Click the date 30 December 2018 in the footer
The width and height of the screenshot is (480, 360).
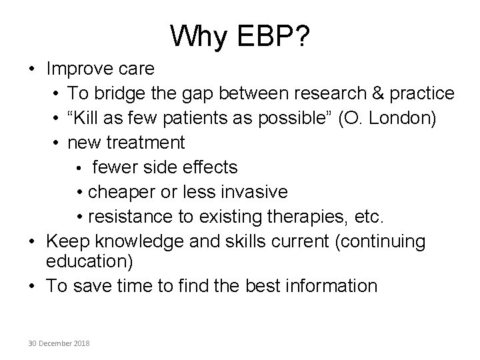click(x=60, y=342)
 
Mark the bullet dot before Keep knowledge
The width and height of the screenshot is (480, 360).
click(x=33, y=241)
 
